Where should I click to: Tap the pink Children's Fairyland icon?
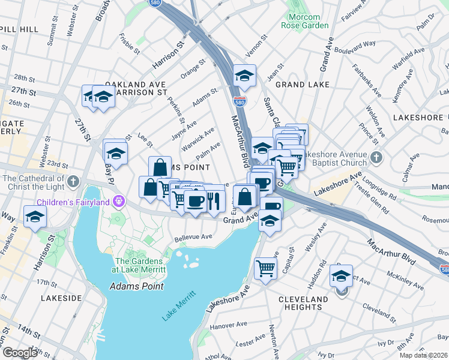point(119,200)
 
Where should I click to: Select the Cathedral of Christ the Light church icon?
point(73,181)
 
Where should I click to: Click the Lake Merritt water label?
point(179,307)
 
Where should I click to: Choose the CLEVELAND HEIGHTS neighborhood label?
point(303,303)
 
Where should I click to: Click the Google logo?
point(20,352)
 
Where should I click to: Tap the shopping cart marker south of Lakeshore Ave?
point(265,268)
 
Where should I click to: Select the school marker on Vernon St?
point(244,76)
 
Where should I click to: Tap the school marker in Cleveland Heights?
point(342,277)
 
